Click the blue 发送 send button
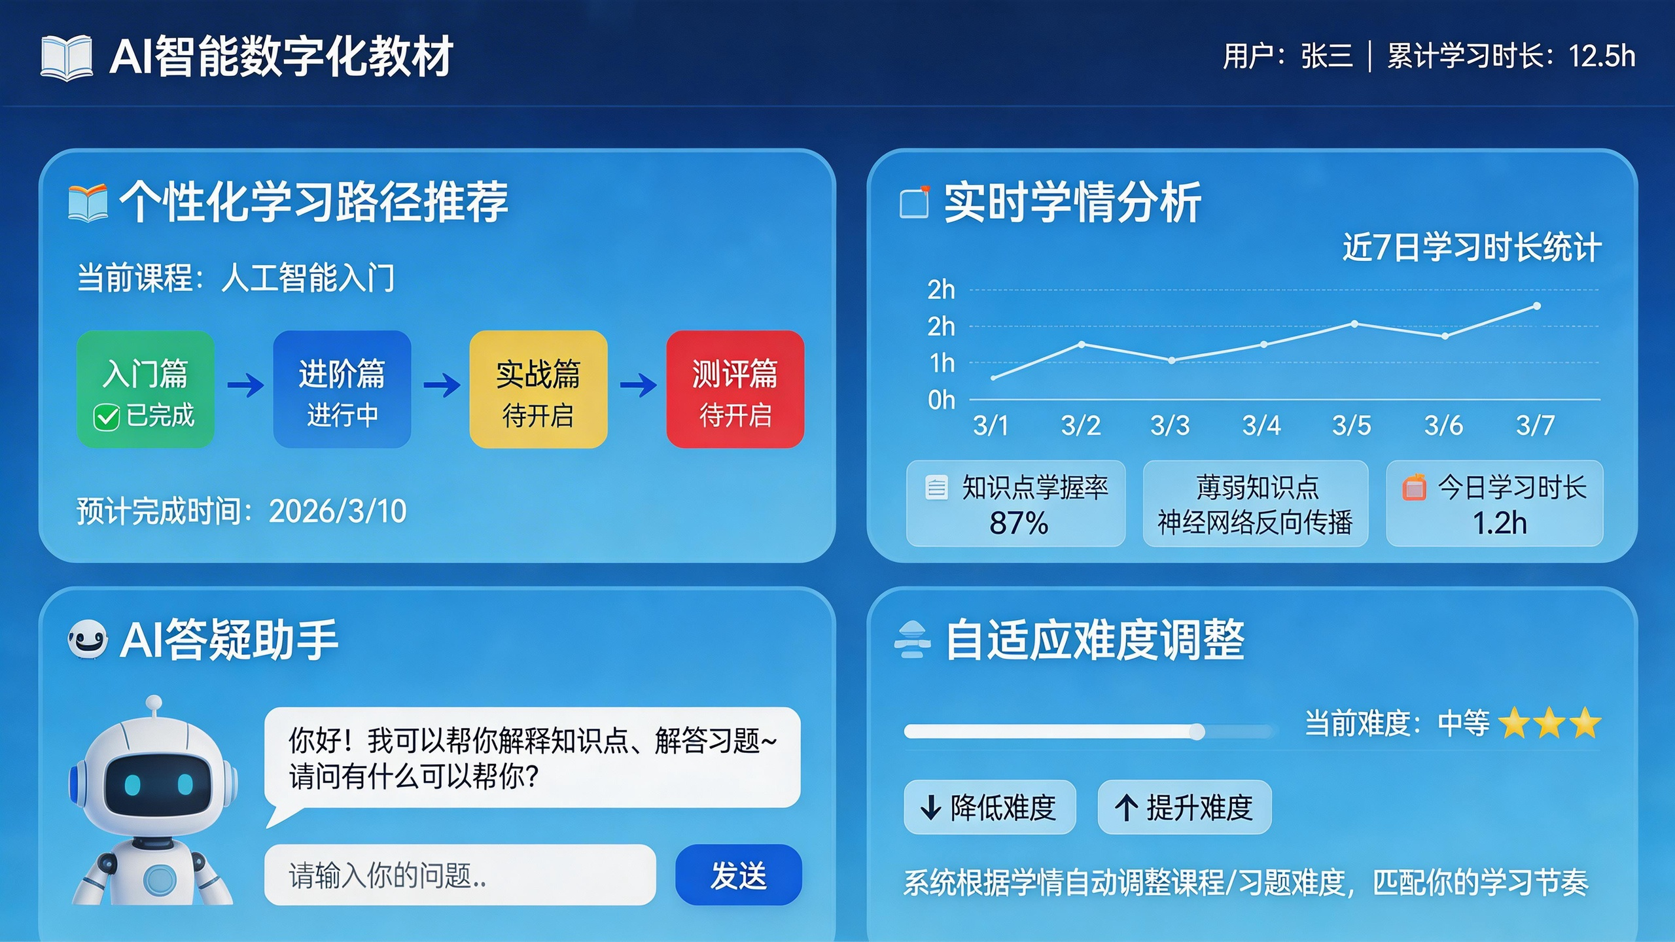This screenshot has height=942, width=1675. pyautogui.click(x=738, y=875)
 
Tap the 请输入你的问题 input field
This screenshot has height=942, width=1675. pyautogui.click(x=459, y=875)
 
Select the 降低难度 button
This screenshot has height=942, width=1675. pyautogui.click(x=989, y=807)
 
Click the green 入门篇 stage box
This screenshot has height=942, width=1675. pyautogui.click(x=145, y=389)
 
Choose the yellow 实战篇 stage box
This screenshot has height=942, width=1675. pyautogui.click(x=538, y=389)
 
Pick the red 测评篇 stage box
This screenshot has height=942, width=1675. pyautogui.click(x=735, y=389)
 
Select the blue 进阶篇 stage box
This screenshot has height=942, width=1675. pyautogui.click(x=342, y=389)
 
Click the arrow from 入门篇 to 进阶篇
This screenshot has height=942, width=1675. pyautogui.click(x=245, y=385)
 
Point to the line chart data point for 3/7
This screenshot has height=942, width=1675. pyautogui.click(x=1537, y=306)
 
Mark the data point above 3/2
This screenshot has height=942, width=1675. pyautogui.click(x=1082, y=344)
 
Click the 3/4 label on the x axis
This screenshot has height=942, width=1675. pyautogui.click(x=1261, y=426)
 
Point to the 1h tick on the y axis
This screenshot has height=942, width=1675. pyautogui.click(x=942, y=363)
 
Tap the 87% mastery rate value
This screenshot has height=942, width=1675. pyautogui.click(x=1019, y=523)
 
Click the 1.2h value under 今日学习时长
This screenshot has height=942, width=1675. pyautogui.click(x=1499, y=523)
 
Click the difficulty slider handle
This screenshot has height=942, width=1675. pyautogui.click(x=1197, y=731)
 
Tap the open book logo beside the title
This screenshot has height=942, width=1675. pyautogui.click(x=66, y=58)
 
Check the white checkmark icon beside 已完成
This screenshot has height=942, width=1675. pyautogui.click(x=106, y=417)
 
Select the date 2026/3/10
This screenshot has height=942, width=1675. pyautogui.click(x=338, y=511)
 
